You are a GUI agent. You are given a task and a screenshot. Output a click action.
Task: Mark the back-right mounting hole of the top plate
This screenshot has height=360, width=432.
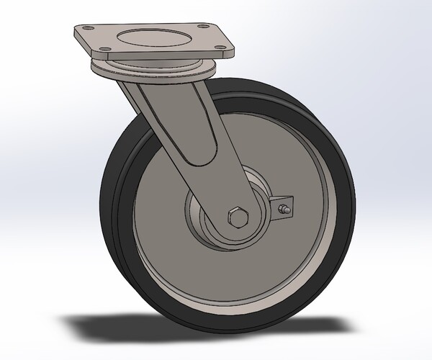point(194,26)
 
